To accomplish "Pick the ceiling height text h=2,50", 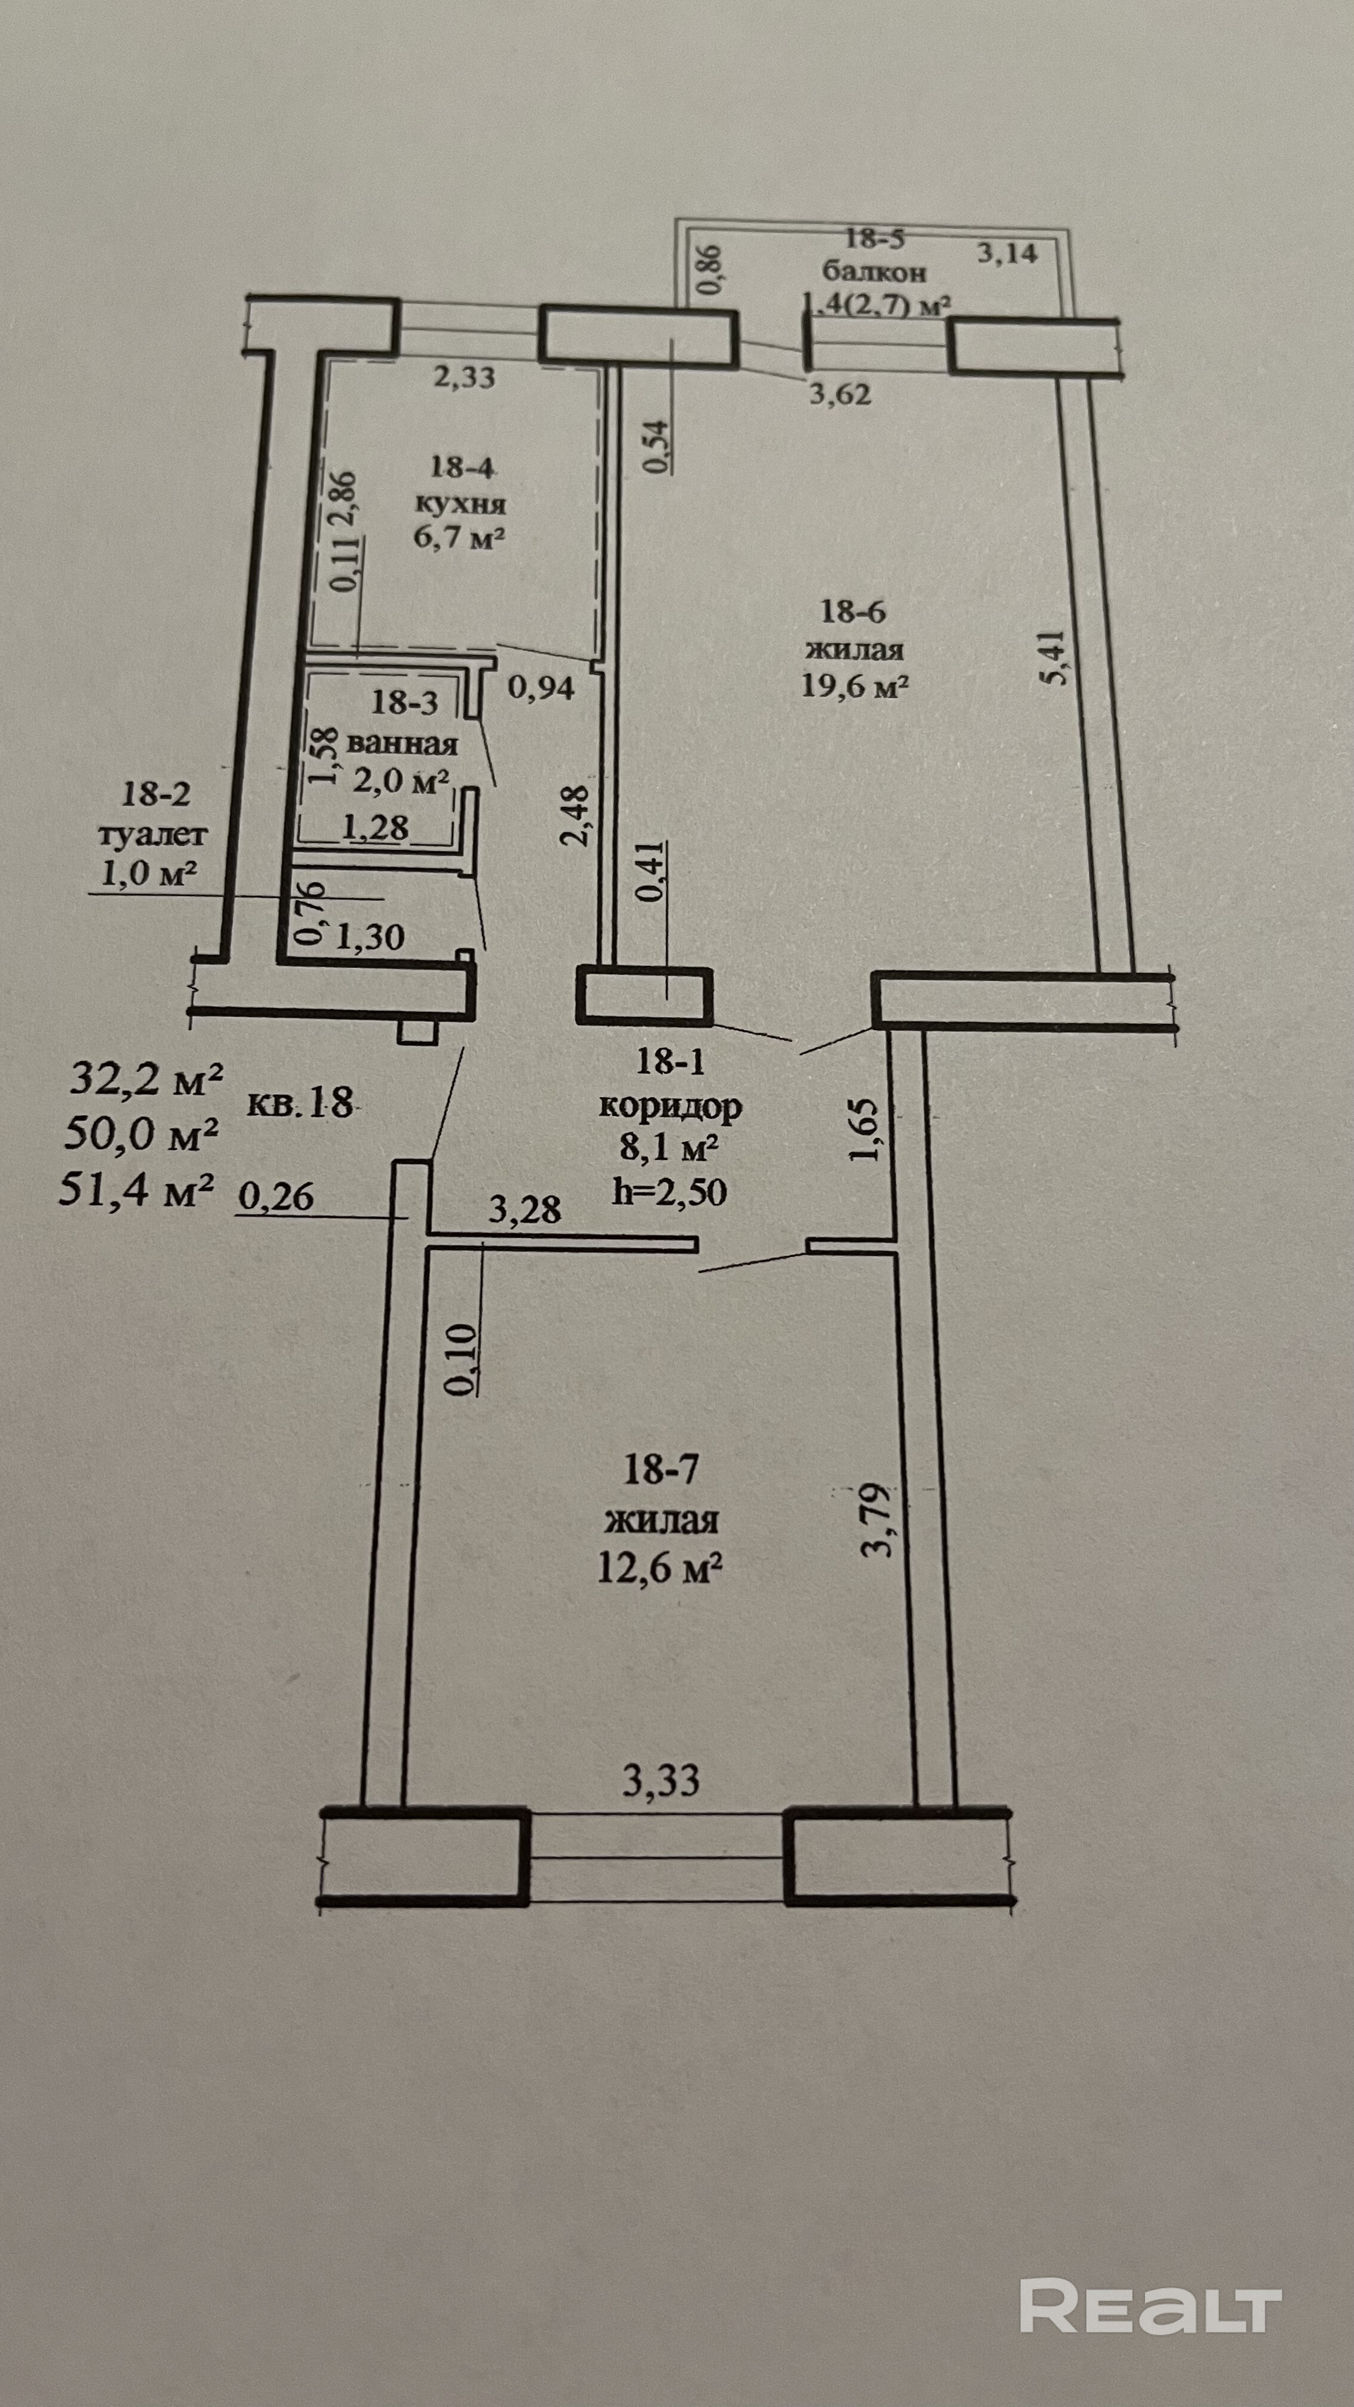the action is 669,1192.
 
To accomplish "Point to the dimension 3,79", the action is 880,1519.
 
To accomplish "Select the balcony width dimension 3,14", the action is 1007,253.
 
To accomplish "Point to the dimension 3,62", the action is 840,395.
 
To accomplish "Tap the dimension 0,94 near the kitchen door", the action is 541,688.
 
